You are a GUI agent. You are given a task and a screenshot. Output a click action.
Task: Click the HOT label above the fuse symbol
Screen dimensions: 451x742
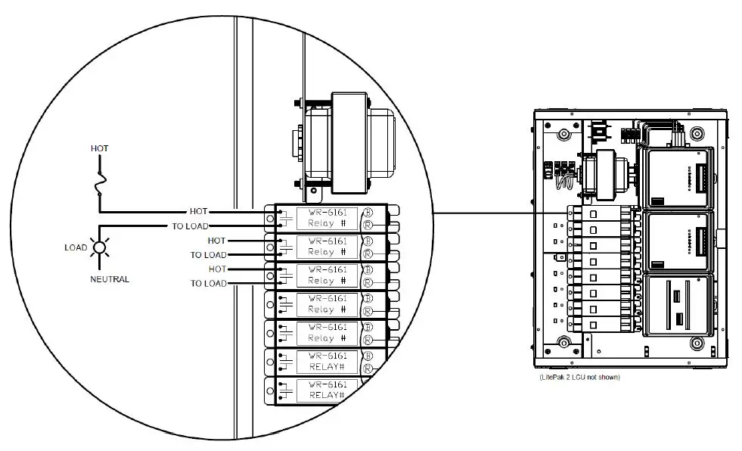click(99, 148)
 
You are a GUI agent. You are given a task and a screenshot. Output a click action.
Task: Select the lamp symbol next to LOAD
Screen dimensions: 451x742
click(99, 247)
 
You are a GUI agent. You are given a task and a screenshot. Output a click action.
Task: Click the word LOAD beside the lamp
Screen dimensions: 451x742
click(76, 247)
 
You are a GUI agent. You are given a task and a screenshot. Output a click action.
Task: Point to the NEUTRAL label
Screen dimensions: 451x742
click(110, 279)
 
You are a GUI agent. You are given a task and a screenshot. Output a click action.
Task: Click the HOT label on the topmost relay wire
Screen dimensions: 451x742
click(197, 212)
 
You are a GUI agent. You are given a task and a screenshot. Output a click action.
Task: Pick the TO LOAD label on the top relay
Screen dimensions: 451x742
click(190, 226)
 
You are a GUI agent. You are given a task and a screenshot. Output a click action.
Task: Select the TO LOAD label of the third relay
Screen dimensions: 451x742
click(208, 284)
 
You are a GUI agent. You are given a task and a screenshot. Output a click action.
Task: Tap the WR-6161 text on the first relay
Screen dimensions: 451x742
click(328, 213)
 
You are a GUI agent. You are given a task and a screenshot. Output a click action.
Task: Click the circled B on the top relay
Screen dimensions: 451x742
click(368, 212)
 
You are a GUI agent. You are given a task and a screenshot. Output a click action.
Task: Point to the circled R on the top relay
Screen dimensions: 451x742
click(368, 225)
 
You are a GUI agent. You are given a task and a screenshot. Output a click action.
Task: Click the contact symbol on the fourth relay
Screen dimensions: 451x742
click(286, 304)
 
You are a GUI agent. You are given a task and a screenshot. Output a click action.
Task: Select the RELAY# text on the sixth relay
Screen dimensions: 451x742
click(327, 367)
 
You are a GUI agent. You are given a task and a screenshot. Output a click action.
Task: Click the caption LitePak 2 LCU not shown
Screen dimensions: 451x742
click(579, 377)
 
